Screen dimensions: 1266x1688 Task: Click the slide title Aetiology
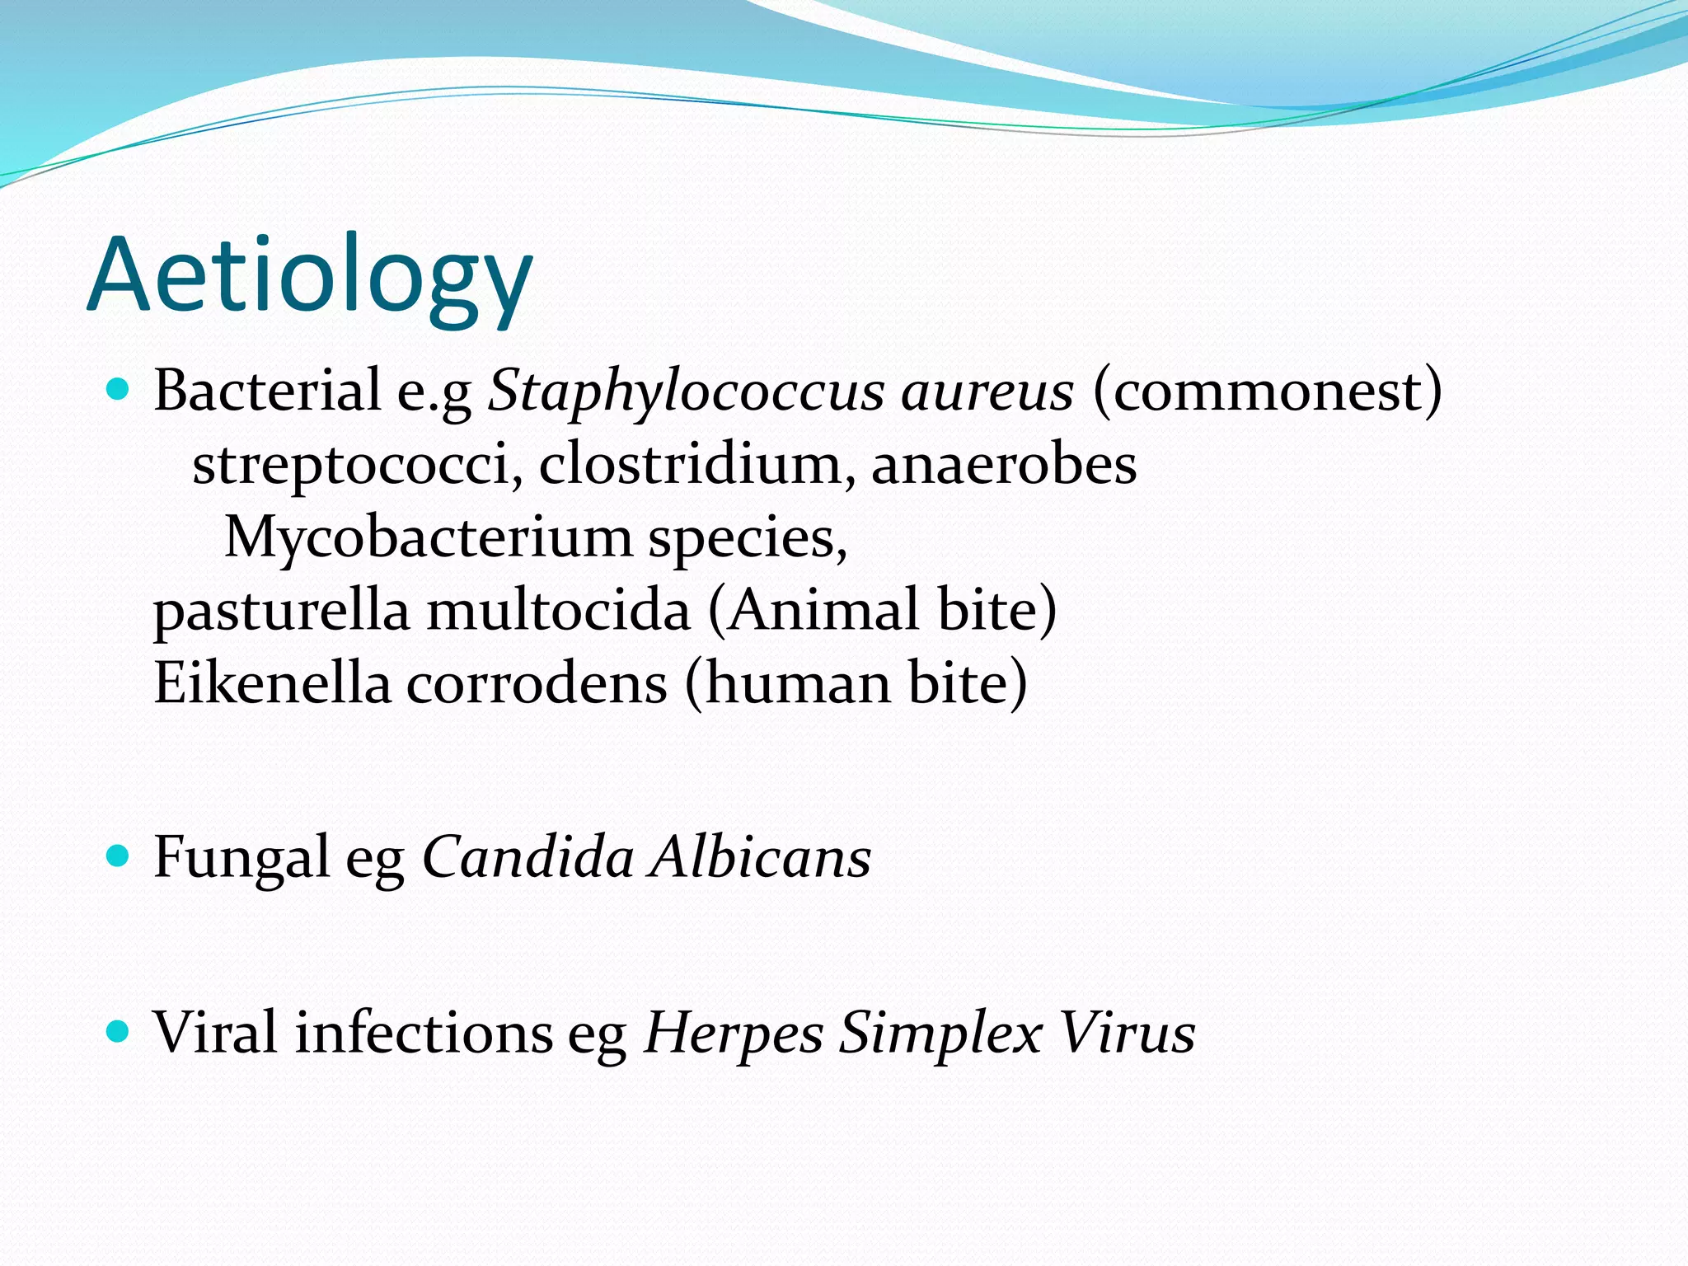310,275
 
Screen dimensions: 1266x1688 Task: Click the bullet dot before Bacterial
119,389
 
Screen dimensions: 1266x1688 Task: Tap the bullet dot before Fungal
119,856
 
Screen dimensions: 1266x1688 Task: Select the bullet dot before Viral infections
119,1030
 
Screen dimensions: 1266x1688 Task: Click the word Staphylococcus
686,391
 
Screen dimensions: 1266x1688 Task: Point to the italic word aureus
987,391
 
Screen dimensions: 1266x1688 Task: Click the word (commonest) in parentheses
1268,391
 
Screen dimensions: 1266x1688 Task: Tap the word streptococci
357,464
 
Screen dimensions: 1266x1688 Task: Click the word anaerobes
1004,464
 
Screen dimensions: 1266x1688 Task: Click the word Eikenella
272,682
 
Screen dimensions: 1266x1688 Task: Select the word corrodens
537,684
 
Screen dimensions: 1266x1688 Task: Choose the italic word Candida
527,857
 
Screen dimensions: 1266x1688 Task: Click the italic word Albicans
760,857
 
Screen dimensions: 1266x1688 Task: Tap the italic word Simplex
940,1034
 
